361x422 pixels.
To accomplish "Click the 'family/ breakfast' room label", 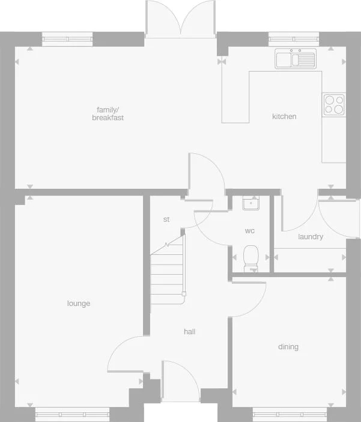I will tap(108, 114).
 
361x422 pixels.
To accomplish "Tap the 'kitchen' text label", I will tap(284, 117).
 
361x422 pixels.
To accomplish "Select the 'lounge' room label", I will tap(79, 304).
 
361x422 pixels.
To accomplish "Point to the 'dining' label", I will tap(288, 347).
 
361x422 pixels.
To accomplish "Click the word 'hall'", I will tap(189, 331).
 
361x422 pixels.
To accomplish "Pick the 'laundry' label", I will tap(311, 237).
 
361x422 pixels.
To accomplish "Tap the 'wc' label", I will tap(249, 231).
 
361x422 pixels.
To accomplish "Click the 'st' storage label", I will tap(166, 219).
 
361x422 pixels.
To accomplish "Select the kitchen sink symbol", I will tap(296, 59).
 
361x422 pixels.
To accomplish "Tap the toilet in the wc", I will tap(250, 257).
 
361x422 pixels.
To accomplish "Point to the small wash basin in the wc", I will tap(250, 203).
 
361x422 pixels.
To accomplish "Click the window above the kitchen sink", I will tap(294, 39).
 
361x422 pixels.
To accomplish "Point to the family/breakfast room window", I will tap(67, 39).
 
